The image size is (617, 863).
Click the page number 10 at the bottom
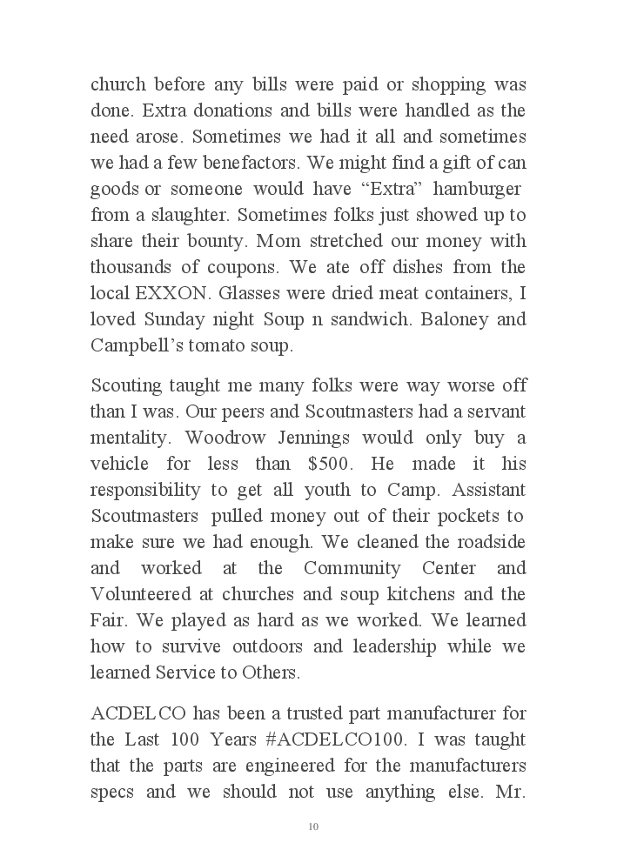313,826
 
